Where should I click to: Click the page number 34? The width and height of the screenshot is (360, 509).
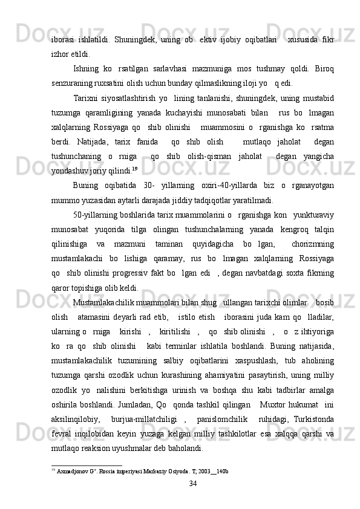point(193,499)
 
